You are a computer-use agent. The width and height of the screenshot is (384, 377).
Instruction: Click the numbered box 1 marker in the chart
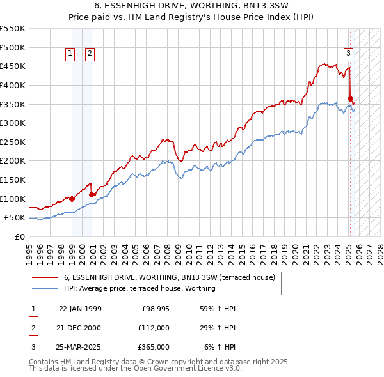69,54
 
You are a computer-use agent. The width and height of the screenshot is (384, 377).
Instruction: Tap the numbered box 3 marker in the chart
348,54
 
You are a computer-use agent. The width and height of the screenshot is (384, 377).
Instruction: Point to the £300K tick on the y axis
13,123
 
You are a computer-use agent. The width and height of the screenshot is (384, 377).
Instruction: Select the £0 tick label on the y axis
19,236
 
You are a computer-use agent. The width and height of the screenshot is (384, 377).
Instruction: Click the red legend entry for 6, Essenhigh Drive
169,277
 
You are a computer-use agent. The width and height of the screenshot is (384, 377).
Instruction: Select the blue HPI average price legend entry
140,288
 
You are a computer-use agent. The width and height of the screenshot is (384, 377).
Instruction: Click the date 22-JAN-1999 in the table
80,309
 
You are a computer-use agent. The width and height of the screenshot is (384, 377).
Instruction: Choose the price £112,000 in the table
153,328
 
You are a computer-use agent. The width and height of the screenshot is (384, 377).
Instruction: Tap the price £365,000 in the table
153,347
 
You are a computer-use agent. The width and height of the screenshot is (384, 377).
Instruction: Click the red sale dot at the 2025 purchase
351,98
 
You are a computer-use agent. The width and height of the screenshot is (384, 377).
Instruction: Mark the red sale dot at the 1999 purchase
72,199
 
